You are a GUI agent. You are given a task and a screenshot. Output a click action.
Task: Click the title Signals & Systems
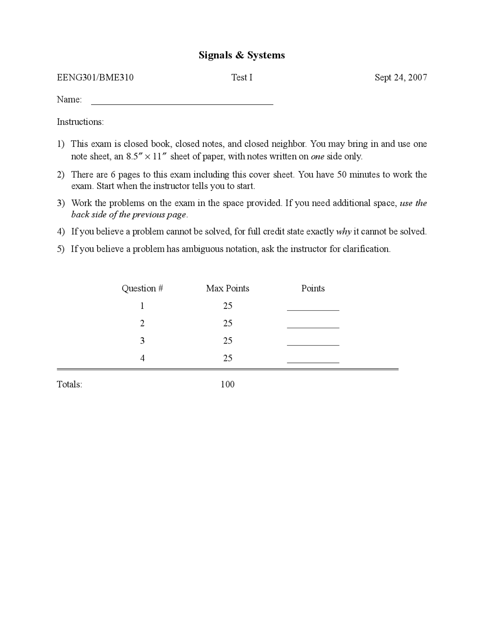tap(242, 55)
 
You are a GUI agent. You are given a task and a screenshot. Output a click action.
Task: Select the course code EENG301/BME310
tap(95, 77)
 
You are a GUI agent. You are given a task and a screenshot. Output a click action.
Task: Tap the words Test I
tap(242, 77)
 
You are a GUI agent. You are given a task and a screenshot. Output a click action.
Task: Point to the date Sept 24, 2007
tap(401, 77)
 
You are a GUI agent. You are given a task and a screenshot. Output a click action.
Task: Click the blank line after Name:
tap(182, 103)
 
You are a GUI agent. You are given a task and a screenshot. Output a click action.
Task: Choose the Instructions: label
tap(80, 122)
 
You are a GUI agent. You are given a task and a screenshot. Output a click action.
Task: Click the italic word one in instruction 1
tap(317, 157)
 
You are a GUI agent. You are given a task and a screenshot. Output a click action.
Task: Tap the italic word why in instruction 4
tap(344, 232)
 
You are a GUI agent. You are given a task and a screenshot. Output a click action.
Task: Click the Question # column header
tap(142, 288)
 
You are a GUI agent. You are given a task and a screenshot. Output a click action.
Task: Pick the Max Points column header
tap(228, 288)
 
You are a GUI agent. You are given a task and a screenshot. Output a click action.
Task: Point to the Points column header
tap(313, 288)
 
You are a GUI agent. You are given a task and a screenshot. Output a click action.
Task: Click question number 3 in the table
tap(142, 341)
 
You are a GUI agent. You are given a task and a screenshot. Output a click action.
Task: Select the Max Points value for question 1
tap(228, 306)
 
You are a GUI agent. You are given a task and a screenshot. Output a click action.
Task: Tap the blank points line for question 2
tap(313, 327)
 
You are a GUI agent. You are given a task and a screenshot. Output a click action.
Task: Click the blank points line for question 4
tap(313, 362)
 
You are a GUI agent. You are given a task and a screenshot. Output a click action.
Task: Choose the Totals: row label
tap(70, 384)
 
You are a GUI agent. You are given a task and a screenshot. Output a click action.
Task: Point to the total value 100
tap(228, 384)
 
